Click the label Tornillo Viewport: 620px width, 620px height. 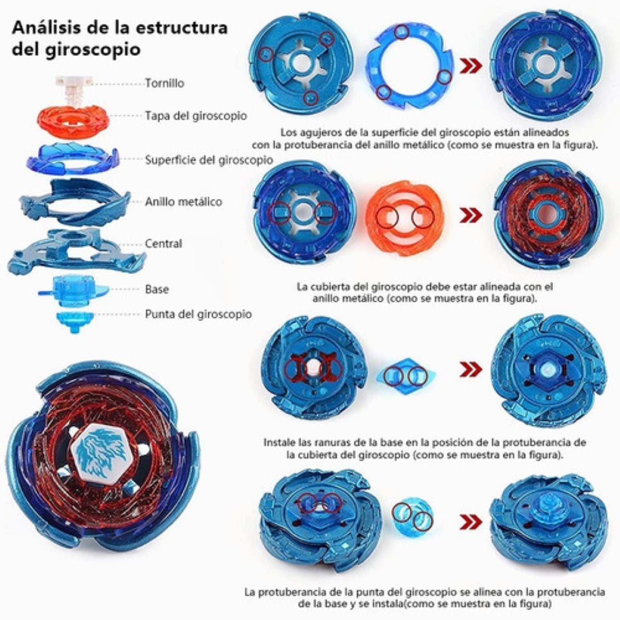click(x=164, y=83)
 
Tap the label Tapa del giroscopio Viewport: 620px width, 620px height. click(x=196, y=116)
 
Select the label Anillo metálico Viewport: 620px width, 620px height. click(x=183, y=202)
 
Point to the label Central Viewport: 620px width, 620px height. click(x=163, y=243)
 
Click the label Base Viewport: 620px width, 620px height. click(x=157, y=289)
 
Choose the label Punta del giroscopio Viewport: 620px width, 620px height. click(x=198, y=314)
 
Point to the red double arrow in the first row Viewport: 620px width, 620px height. click(x=470, y=66)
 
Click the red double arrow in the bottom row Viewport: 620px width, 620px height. click(x=470, y=522)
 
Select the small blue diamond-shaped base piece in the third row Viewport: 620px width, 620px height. click(x=406, y=375)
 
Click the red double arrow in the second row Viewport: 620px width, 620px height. click(x=471, y=215)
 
